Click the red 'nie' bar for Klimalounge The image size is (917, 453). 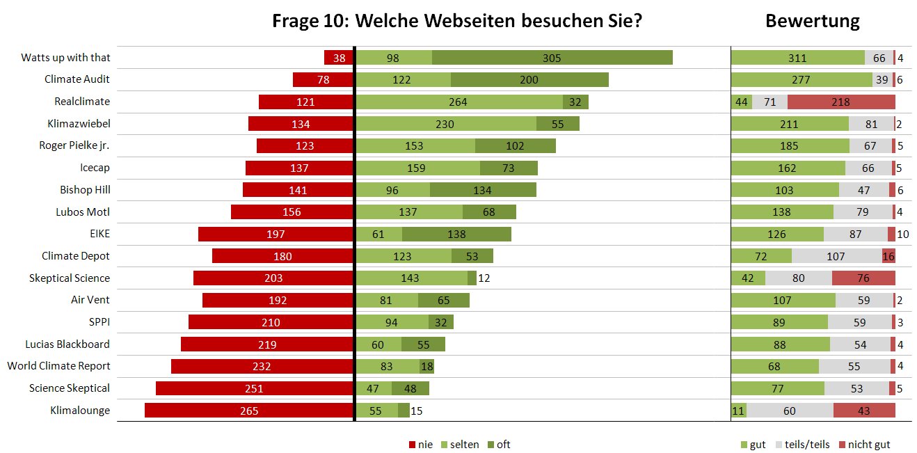click(x=249, y=411)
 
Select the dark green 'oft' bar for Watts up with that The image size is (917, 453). click(x=552, y=58)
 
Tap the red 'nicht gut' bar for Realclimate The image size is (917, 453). click(x=841, y=102)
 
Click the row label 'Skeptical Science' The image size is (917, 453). click(x=70, y=278)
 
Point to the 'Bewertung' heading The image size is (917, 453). click(x=812, y=21)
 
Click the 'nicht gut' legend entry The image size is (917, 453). click(x=863, y=445)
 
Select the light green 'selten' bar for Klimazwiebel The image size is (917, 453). click(x=446, y=124)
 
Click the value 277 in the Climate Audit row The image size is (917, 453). click(x=801, y=80)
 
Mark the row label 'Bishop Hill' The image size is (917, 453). click(x=85, y=190)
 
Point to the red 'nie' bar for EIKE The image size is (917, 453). click(x=276, y=234)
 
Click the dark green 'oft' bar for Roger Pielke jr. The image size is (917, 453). click(x=516, y=146)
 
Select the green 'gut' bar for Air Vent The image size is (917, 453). click(x=783, y=301)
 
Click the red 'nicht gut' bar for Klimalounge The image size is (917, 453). click(x=864, y=411)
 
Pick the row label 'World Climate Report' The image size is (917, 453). click(x=59, y=366)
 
